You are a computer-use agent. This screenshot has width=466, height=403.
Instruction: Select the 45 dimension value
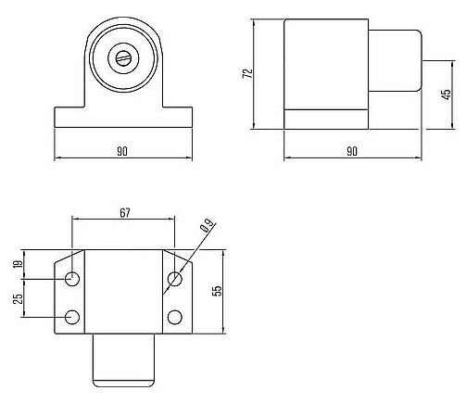[x=446, y=95]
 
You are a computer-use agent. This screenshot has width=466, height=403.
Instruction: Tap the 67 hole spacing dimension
[x=124, y=212]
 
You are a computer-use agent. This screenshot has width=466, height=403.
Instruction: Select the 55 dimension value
[x=217, y=291]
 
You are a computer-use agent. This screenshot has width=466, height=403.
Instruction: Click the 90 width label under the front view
[x=122, y=151]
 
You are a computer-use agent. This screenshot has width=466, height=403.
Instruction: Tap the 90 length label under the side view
[x=352, y=151]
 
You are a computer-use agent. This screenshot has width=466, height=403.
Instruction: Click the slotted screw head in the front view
[x=123, y=57]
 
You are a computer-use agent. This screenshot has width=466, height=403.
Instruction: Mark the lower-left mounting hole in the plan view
[x=73, y=318]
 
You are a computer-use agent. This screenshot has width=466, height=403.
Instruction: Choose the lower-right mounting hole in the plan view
[x=175, y=318]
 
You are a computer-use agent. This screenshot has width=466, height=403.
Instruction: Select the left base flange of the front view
[x=69, y=119]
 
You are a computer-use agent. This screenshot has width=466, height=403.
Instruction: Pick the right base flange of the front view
[x=178, y=119]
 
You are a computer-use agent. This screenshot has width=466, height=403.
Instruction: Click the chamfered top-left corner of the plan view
[x=67, y=257]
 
